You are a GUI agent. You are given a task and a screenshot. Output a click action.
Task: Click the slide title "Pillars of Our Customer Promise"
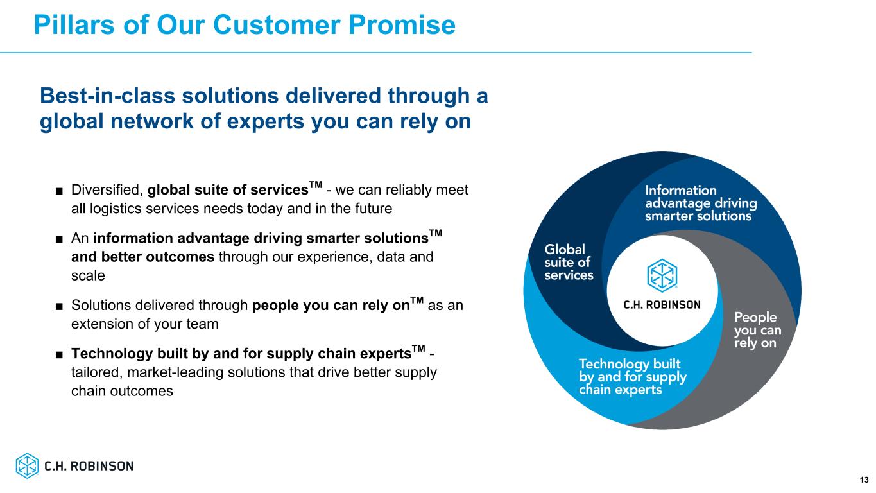(x=245, y=25)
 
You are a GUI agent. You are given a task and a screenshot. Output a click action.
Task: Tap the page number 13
(x=864, y=480)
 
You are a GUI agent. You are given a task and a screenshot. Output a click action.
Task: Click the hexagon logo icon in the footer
(x=27, y=465)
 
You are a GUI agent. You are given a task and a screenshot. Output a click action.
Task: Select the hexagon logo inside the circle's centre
(x=662, y=275)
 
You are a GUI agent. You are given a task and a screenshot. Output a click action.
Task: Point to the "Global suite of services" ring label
(x=569, y=262)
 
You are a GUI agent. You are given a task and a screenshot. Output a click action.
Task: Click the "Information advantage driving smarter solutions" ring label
(x=701, y=203)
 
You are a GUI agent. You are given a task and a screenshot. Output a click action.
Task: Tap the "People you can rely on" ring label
(x=757, y=330)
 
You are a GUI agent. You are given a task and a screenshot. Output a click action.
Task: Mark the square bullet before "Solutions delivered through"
(x=59, y=306)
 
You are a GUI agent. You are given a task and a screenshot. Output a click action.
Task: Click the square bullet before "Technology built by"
(x=59, y=354)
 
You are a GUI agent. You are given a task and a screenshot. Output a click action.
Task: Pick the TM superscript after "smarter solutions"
(x=435, y=234)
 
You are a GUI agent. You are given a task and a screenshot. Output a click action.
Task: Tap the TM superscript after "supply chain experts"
(x=418, y=349)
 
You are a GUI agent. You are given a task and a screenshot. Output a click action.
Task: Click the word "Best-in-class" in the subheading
(x=107, y=96)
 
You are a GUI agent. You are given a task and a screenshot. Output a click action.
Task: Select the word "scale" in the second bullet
(x=88, y=276)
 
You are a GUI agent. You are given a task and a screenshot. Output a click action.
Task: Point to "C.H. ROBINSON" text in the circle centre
(x=662, y=305)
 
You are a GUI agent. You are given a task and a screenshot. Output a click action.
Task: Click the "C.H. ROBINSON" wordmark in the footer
(x=89, y=466)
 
